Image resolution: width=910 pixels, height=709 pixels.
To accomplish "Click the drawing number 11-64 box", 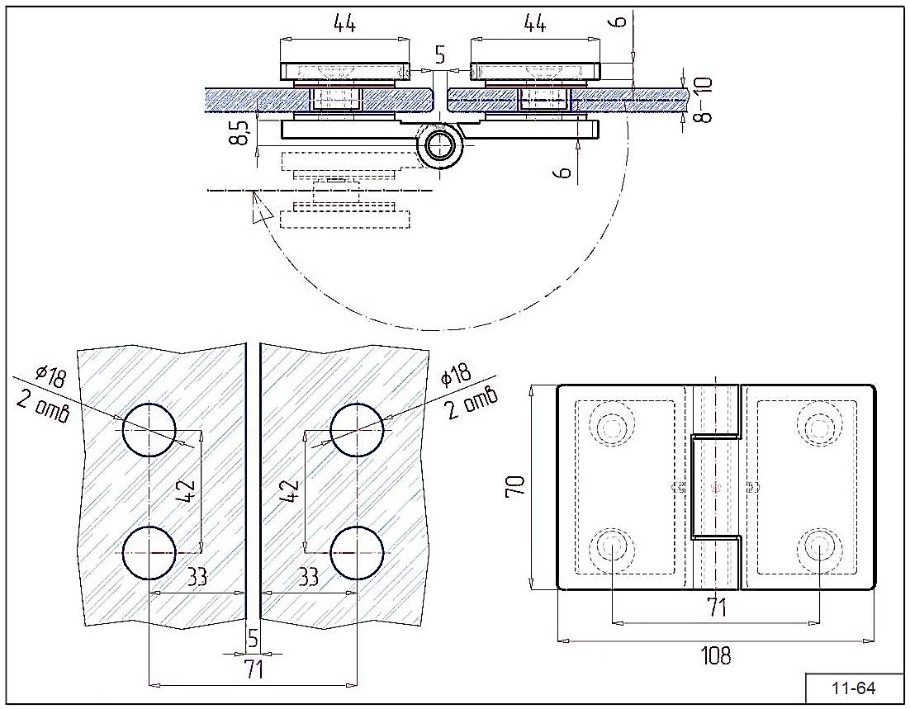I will [854, 688].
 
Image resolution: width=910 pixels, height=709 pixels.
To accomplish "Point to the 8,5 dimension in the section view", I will [240, 131].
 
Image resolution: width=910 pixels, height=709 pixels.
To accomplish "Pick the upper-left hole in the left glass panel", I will [149, 430].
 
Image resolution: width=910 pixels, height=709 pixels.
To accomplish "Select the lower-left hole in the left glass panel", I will [149, 552].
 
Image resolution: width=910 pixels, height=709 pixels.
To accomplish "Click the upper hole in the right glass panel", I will [357, 430].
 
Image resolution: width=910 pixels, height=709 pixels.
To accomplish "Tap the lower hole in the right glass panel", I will [357, 552].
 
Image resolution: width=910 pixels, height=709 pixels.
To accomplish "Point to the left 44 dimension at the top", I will [344, 25].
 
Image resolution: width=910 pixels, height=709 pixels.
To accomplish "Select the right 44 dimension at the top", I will [535, 25].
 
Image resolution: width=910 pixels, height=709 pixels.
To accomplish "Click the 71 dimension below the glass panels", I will [254, 669].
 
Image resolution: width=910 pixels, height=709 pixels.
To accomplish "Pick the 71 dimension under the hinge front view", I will [716, 609].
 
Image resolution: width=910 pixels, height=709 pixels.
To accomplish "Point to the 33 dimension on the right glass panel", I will [308, 577].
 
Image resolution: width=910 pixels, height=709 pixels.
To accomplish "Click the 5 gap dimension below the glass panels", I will [254, 638].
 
